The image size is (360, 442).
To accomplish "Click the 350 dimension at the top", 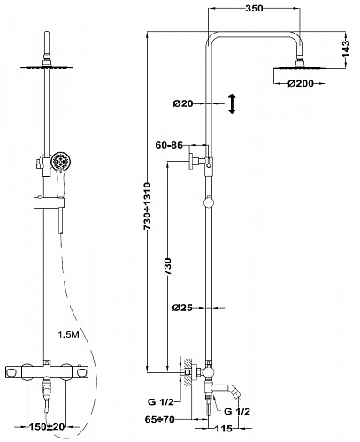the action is (254, 8).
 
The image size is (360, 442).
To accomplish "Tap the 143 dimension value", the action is (346, 48).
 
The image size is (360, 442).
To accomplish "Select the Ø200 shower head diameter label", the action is (301, 84).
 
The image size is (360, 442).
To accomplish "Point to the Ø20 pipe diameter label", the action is (183, 103).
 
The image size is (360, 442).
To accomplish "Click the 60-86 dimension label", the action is (169, 145).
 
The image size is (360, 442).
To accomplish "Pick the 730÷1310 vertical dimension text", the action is (147, 206).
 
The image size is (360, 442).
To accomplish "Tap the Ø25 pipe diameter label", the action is (182, 308).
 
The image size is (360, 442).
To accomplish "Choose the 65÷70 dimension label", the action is (159, 419).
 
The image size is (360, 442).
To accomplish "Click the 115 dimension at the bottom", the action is (223, 428).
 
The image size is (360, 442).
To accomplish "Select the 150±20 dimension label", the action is (46, 426).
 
